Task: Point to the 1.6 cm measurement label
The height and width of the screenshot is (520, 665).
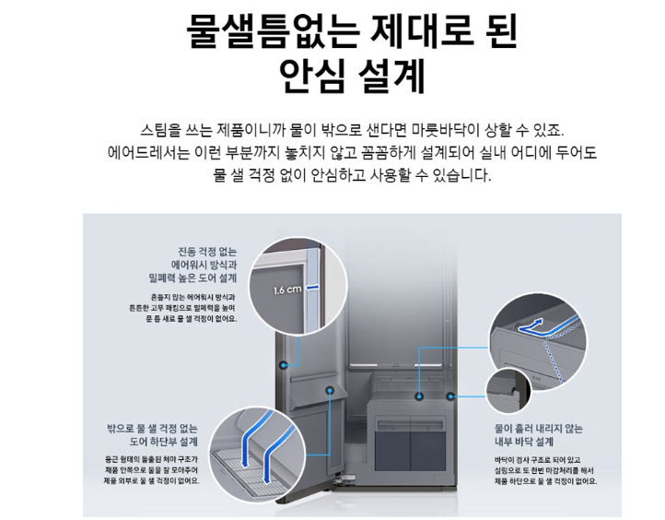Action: [x=287, y=289]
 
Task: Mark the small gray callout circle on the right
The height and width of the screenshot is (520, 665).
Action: [x=506, y=391]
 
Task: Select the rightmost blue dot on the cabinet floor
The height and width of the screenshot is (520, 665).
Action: [x=450, y=395]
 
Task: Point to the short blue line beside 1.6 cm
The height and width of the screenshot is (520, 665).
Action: [x=315, y=287]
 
